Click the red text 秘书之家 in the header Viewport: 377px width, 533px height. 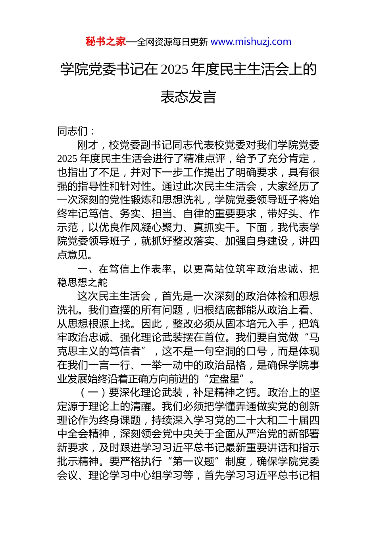click(x=106, y=42)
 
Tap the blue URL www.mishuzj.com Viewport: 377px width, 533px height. click(x=251, y=42)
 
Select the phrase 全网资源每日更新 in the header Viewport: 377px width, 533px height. click(x=172, y=42)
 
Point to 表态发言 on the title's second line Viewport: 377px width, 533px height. click(x=188, y=97)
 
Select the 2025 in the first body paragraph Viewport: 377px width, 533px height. click(x=67, y=159)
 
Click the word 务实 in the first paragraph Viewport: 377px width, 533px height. click(x=131, y=214)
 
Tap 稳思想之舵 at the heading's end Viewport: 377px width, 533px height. click(x=83, y=282)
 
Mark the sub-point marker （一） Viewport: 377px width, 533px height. click(x=93, y=393)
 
